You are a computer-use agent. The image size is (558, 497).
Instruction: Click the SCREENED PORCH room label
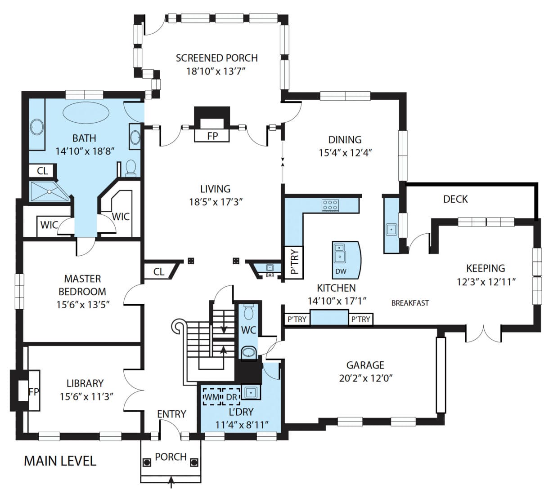coord(216,58)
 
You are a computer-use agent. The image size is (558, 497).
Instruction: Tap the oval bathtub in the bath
coord(85,112)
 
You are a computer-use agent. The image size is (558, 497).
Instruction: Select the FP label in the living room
coord(212,135)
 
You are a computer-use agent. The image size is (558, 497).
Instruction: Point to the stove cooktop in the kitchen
coord(330,206)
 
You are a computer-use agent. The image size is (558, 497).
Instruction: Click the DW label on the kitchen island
coord(341,271)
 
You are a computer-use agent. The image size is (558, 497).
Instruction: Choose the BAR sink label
coord(270,275)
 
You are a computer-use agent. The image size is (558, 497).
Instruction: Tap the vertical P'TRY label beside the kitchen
coord(295,262)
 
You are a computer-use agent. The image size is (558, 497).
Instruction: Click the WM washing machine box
coord(211,397)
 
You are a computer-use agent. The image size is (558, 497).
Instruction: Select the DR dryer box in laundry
coord(231,397)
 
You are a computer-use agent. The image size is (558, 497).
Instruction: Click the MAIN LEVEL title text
coord(60,461)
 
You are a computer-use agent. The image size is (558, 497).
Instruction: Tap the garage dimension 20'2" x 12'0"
coord(365,378)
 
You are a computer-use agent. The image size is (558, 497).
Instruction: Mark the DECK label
coord(455,199)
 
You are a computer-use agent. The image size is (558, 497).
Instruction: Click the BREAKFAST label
coord(409,303)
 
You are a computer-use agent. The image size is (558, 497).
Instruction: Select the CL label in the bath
coord(42,171)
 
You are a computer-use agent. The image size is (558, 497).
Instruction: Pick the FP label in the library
coord(33,392)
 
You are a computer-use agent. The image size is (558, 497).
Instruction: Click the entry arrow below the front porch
coord(171,482)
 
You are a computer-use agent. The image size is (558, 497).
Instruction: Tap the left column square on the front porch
coord(147,462)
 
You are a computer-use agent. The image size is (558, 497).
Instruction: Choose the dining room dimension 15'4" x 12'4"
coord(345,153)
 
